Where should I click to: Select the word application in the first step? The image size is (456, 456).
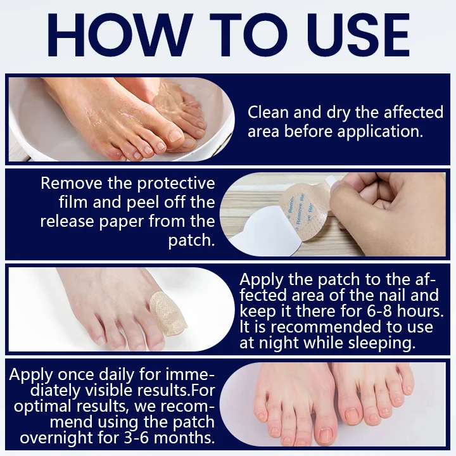[x=380, y=131]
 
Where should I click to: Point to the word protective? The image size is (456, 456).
[x=176, y=184]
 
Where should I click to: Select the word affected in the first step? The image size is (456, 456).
[x=414, y=112]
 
